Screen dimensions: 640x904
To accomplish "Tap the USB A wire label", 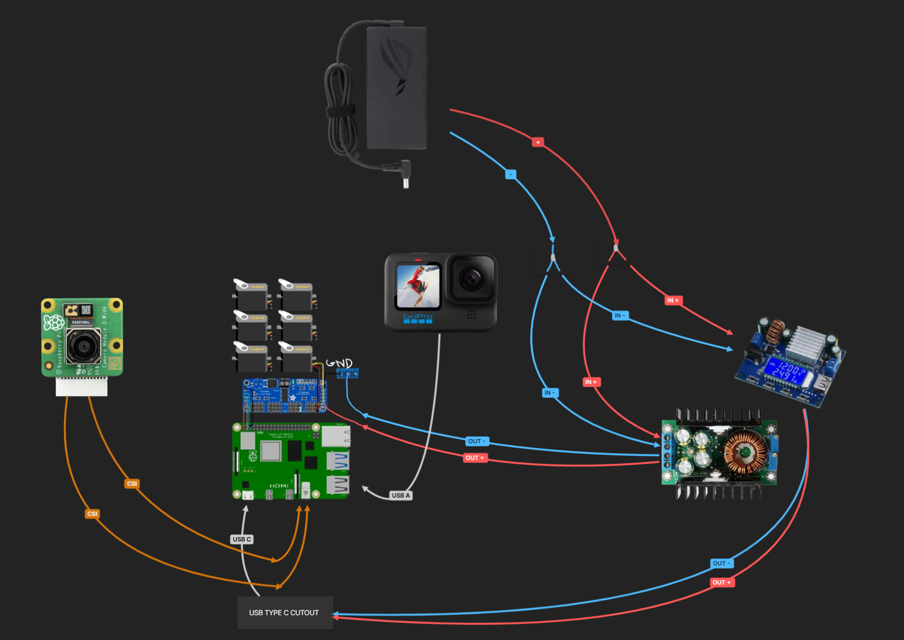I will [401, 496].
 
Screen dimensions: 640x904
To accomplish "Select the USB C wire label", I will [242, 539].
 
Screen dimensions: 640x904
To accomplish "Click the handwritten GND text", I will [339, 364].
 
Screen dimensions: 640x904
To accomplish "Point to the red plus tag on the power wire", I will [537, 142].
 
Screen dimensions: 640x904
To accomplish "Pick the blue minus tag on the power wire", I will [510, 175].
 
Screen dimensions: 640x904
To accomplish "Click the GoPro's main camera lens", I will [471, 279].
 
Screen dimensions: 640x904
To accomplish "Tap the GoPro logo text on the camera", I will [417, 316].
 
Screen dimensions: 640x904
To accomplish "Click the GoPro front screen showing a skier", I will [418, 286].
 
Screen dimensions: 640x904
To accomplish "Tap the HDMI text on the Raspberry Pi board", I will [278, 486].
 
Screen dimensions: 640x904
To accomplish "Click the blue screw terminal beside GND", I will [348, 373].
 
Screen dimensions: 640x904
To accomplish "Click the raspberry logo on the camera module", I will [53, 323].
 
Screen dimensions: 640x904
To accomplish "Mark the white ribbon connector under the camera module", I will [81, 387].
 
